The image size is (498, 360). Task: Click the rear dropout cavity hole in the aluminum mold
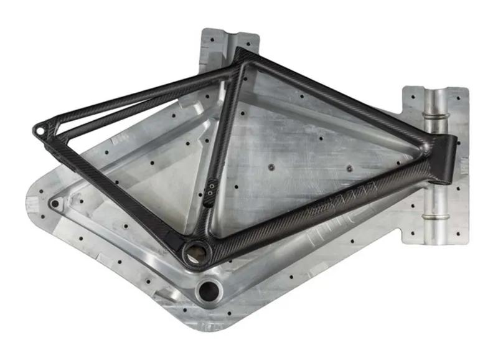click(x=56, y=204)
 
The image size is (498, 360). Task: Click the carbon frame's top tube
click(x=336, y=93)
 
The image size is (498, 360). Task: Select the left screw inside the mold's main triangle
click(x=271, y=167)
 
